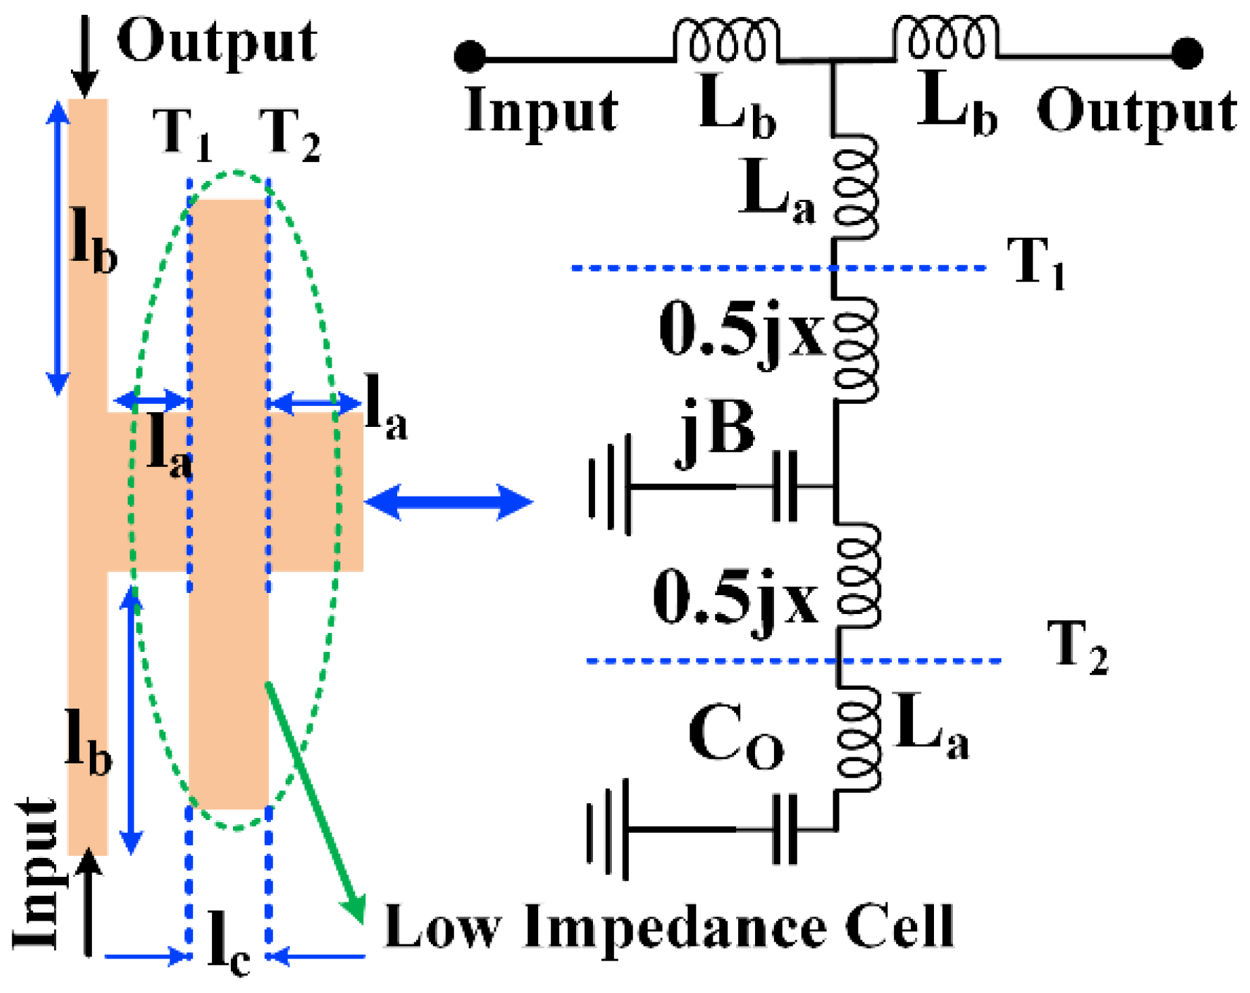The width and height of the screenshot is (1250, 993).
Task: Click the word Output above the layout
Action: [x=216, y=42]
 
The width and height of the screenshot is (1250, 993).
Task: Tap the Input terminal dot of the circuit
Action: [x=470, y=56]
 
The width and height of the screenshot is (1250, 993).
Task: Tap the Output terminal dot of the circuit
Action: [x=1187, y=53]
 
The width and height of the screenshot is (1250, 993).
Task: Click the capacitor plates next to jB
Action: [x=784, y=486]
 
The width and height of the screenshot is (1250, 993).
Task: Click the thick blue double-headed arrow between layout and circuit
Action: [x=448, y=502]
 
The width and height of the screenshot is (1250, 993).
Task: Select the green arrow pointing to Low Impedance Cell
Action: [x=315, y=800]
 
